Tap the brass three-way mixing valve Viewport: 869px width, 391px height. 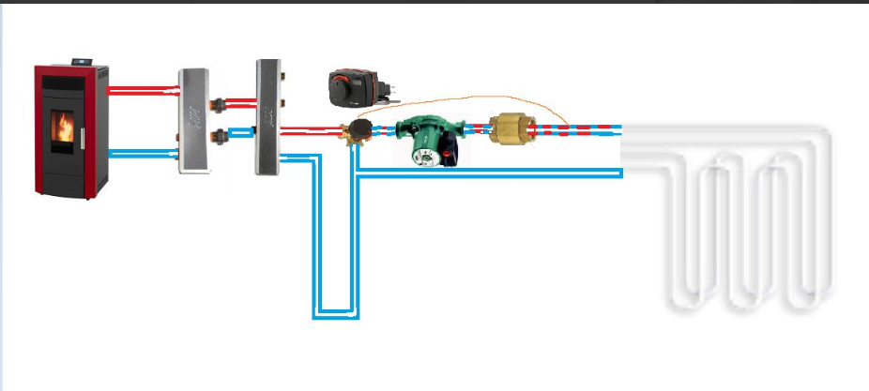(355, 134)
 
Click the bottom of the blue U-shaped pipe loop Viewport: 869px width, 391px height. (335, 312)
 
